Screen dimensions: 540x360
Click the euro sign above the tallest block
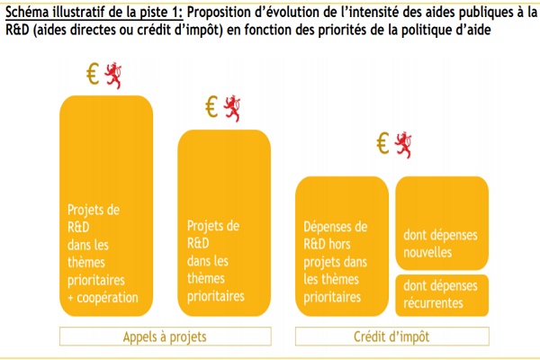tap(93, 74)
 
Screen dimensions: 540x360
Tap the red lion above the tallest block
tap(113, 76)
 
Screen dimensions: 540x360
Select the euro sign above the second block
tap(211, 106)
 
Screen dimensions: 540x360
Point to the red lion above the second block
tap(232, 109)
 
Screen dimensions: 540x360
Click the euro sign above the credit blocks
tap(383, 143)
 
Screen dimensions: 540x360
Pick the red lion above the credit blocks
tap(403, 145)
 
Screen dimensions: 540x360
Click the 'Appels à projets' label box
tap(166, 337)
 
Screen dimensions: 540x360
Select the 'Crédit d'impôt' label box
tap(391, 337)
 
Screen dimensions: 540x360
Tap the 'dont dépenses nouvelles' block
tap(442, 223)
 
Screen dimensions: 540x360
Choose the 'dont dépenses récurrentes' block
tap(442, 295)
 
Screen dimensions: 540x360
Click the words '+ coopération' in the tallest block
tap(103, 298)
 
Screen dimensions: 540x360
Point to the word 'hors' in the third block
tap(338, 244)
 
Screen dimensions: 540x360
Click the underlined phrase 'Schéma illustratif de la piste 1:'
tap(94, 13)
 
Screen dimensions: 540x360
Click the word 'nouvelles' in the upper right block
tap(427, 253)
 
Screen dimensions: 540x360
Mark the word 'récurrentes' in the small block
tap(433, 303)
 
